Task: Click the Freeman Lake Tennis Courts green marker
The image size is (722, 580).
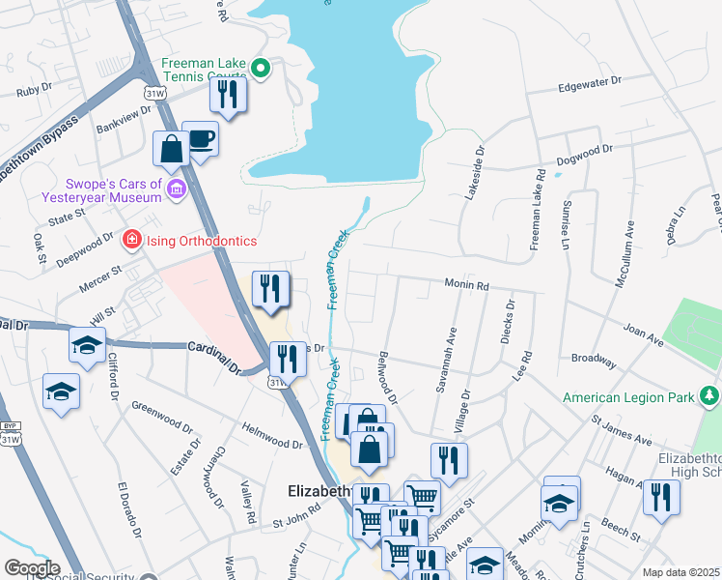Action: (x=260, y=68)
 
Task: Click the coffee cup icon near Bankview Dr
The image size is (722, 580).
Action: (x=200, y=138)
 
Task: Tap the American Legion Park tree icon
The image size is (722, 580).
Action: (x=709, y=396)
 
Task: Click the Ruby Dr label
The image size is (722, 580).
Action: (x=34, y=93)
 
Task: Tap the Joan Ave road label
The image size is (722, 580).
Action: (x=643, y=335)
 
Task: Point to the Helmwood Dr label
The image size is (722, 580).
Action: (x=272, y=435)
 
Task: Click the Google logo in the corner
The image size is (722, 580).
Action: (x=32, y=568)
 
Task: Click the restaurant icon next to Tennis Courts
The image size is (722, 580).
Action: (x=228, y=95)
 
